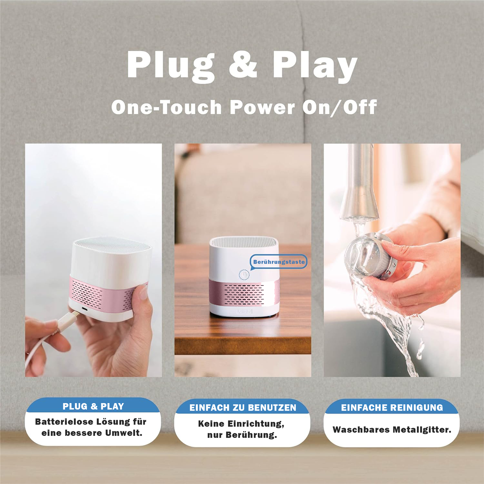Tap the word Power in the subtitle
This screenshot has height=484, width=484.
pos(262,107)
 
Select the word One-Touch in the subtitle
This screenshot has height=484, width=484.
pos(166,107)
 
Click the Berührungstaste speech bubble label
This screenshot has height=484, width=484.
pos(279,262)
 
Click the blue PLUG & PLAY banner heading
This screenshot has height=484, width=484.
pos(93,406)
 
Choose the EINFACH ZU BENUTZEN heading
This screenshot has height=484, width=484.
pos(243,408)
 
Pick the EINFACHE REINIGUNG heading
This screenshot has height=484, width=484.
pos(392,408)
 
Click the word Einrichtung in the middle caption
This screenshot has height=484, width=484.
pos(256,424)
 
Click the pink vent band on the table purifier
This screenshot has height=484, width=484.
pos(243,293)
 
